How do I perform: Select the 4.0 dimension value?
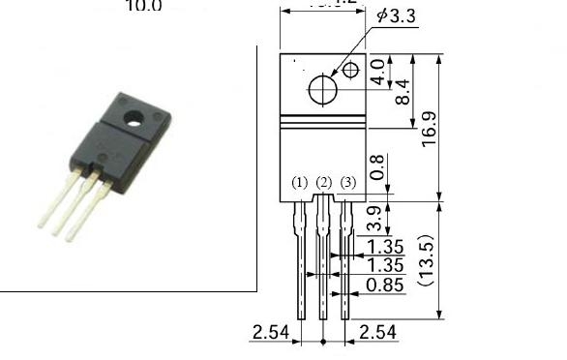click(x=391, y=72)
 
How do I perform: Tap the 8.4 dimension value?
click(x=404, y=91)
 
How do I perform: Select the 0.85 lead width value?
click(x=385, y=285)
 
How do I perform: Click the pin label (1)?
click(x=300, y=183)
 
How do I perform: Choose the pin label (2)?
click(x=324, y=183)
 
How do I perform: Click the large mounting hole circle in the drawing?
click(x=322, y=89)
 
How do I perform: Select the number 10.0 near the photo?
click(x=144, y=6)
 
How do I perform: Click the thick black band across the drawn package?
click(x=323, y=122)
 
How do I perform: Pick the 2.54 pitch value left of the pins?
click(x=270, y=333)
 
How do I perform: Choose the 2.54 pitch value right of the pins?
click(x=376, y=333)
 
